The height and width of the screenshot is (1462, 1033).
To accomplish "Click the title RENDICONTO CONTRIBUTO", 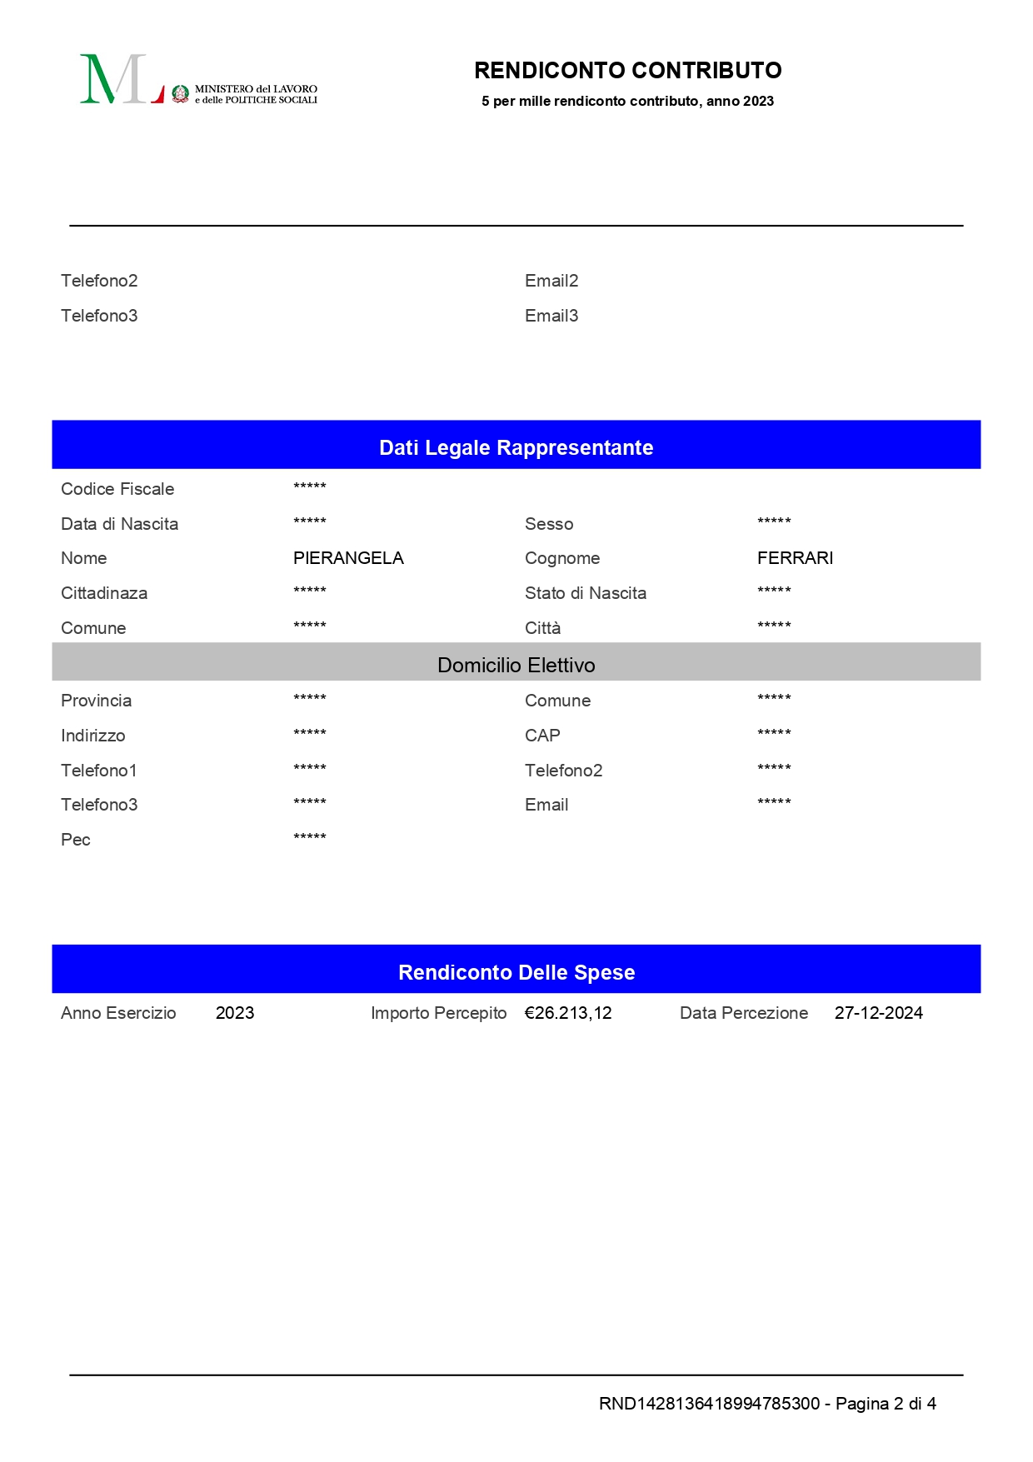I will [x=627, y=71].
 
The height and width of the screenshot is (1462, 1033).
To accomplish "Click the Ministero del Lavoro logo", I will [x=198, y=81].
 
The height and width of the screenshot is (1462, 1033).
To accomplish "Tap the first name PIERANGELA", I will [x=348, y=558].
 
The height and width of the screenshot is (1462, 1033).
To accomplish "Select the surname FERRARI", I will [x=795, y=558].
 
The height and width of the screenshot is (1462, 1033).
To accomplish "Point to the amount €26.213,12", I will [x=568, y=1013].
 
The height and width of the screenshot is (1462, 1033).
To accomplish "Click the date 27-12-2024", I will [x=878, y=1013].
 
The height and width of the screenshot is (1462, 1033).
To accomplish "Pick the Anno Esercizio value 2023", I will [x=235, y=1013].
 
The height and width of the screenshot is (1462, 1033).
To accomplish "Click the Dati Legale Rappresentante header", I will [x=516, y=447].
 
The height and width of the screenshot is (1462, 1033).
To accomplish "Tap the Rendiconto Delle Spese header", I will [x=516, y=972].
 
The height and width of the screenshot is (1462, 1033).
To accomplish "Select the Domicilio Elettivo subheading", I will [x=516, y=665].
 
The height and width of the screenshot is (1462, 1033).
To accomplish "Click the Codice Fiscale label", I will [x=117, y=489].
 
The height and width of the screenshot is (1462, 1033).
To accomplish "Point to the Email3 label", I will [x=551, y=316].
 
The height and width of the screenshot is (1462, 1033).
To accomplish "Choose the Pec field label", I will [x=76, y=840].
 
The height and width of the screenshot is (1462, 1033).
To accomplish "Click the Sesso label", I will [x=549, y=524].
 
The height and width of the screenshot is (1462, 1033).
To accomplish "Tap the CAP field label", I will [x=542, y=736].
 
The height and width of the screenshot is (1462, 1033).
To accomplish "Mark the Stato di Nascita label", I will [x=586, y=593].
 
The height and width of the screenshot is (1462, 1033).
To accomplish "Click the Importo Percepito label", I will [x=438, y=1013].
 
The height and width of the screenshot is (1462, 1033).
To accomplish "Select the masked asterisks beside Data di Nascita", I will [x=310, y=522].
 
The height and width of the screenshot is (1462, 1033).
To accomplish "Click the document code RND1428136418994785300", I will [x=709, y=1404].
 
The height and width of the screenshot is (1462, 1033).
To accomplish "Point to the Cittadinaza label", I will [x=104, y=593].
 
